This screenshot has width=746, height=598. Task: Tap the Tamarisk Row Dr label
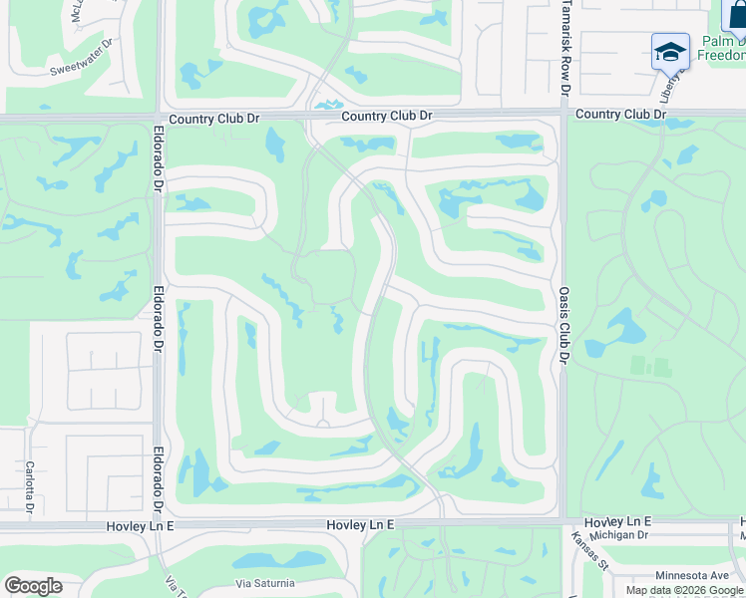click(564, 48)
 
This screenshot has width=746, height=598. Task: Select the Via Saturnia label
click(264, 583)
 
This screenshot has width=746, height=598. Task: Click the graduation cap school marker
click(670, 51)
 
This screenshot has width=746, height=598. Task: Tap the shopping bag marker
click(736, 17)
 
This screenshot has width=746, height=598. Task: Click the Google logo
click(33, 586)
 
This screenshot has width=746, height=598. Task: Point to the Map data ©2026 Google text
click(685, 590)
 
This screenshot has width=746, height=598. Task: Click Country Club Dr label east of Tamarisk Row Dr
click(619, 115)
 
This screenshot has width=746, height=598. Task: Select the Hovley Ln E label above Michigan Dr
click(617, 521)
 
